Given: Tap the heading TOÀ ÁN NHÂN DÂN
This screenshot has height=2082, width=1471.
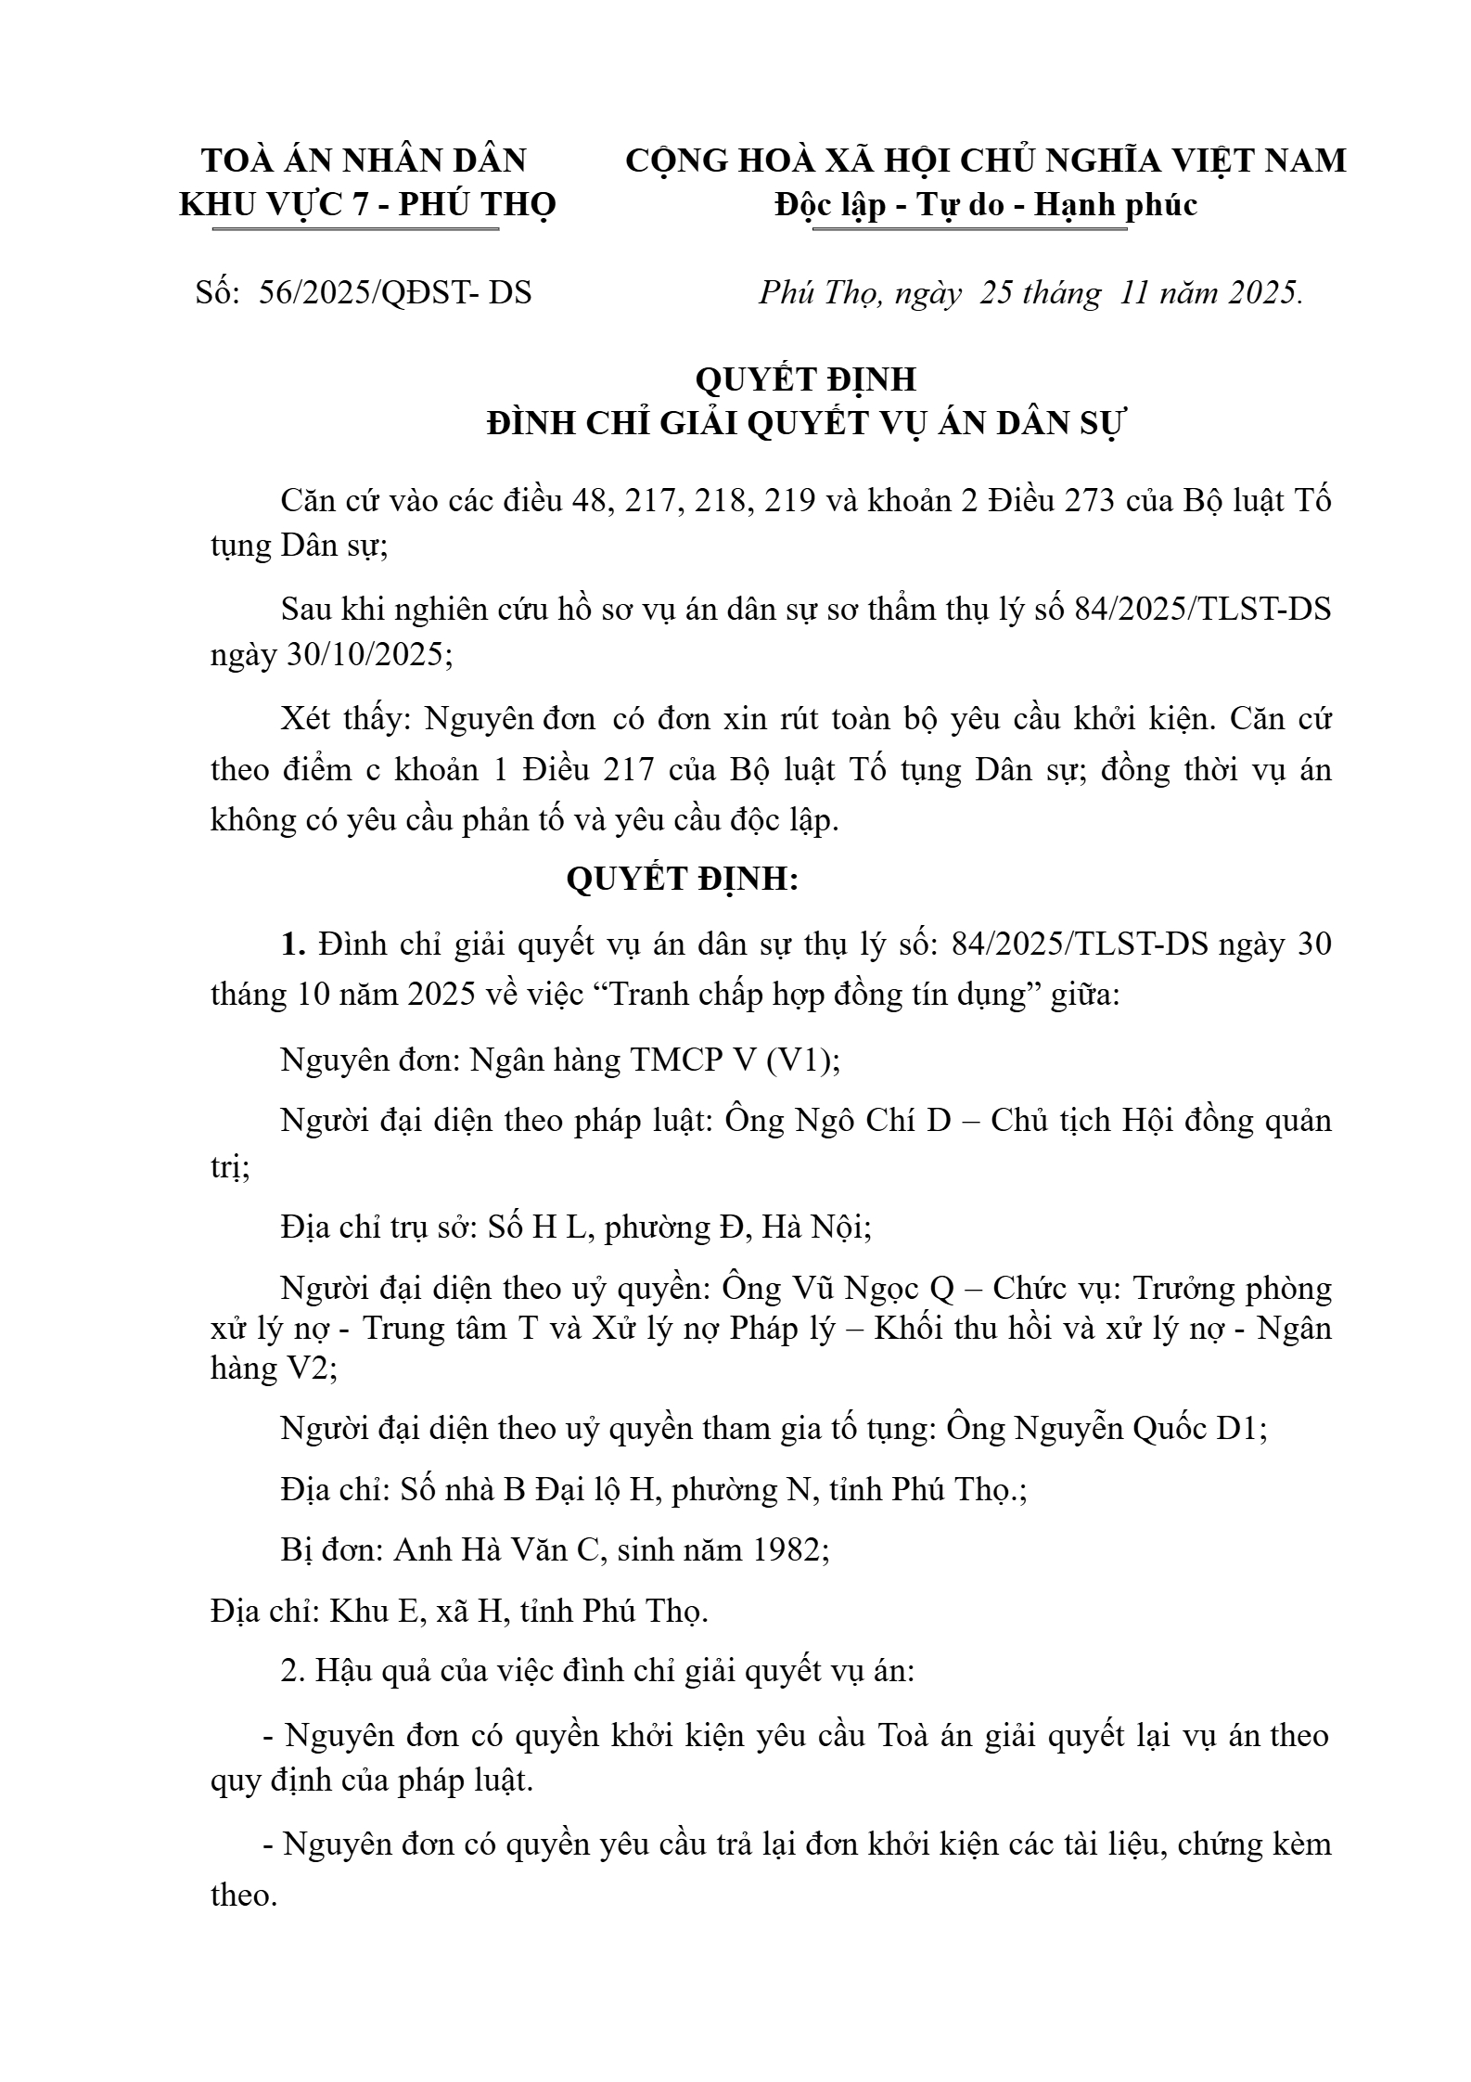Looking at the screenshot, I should coord(365,161).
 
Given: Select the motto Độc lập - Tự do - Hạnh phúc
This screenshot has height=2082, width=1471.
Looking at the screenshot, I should coord(986,204).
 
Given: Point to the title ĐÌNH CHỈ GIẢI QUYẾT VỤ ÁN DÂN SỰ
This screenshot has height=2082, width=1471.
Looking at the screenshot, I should coord(805,423).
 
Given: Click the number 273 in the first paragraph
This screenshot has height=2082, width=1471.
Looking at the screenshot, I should coord(1085,501).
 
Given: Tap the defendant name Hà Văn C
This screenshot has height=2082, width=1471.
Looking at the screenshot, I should coord(495,1550).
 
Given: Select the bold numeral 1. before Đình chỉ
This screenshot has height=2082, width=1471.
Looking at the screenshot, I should coord(293,945).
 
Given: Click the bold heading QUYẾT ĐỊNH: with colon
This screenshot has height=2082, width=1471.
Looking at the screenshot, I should coord(683,880).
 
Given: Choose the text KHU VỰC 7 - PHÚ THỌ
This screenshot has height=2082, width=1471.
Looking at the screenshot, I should coord(367,204).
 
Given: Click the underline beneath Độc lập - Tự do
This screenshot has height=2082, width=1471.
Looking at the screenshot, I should coord(969,228).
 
